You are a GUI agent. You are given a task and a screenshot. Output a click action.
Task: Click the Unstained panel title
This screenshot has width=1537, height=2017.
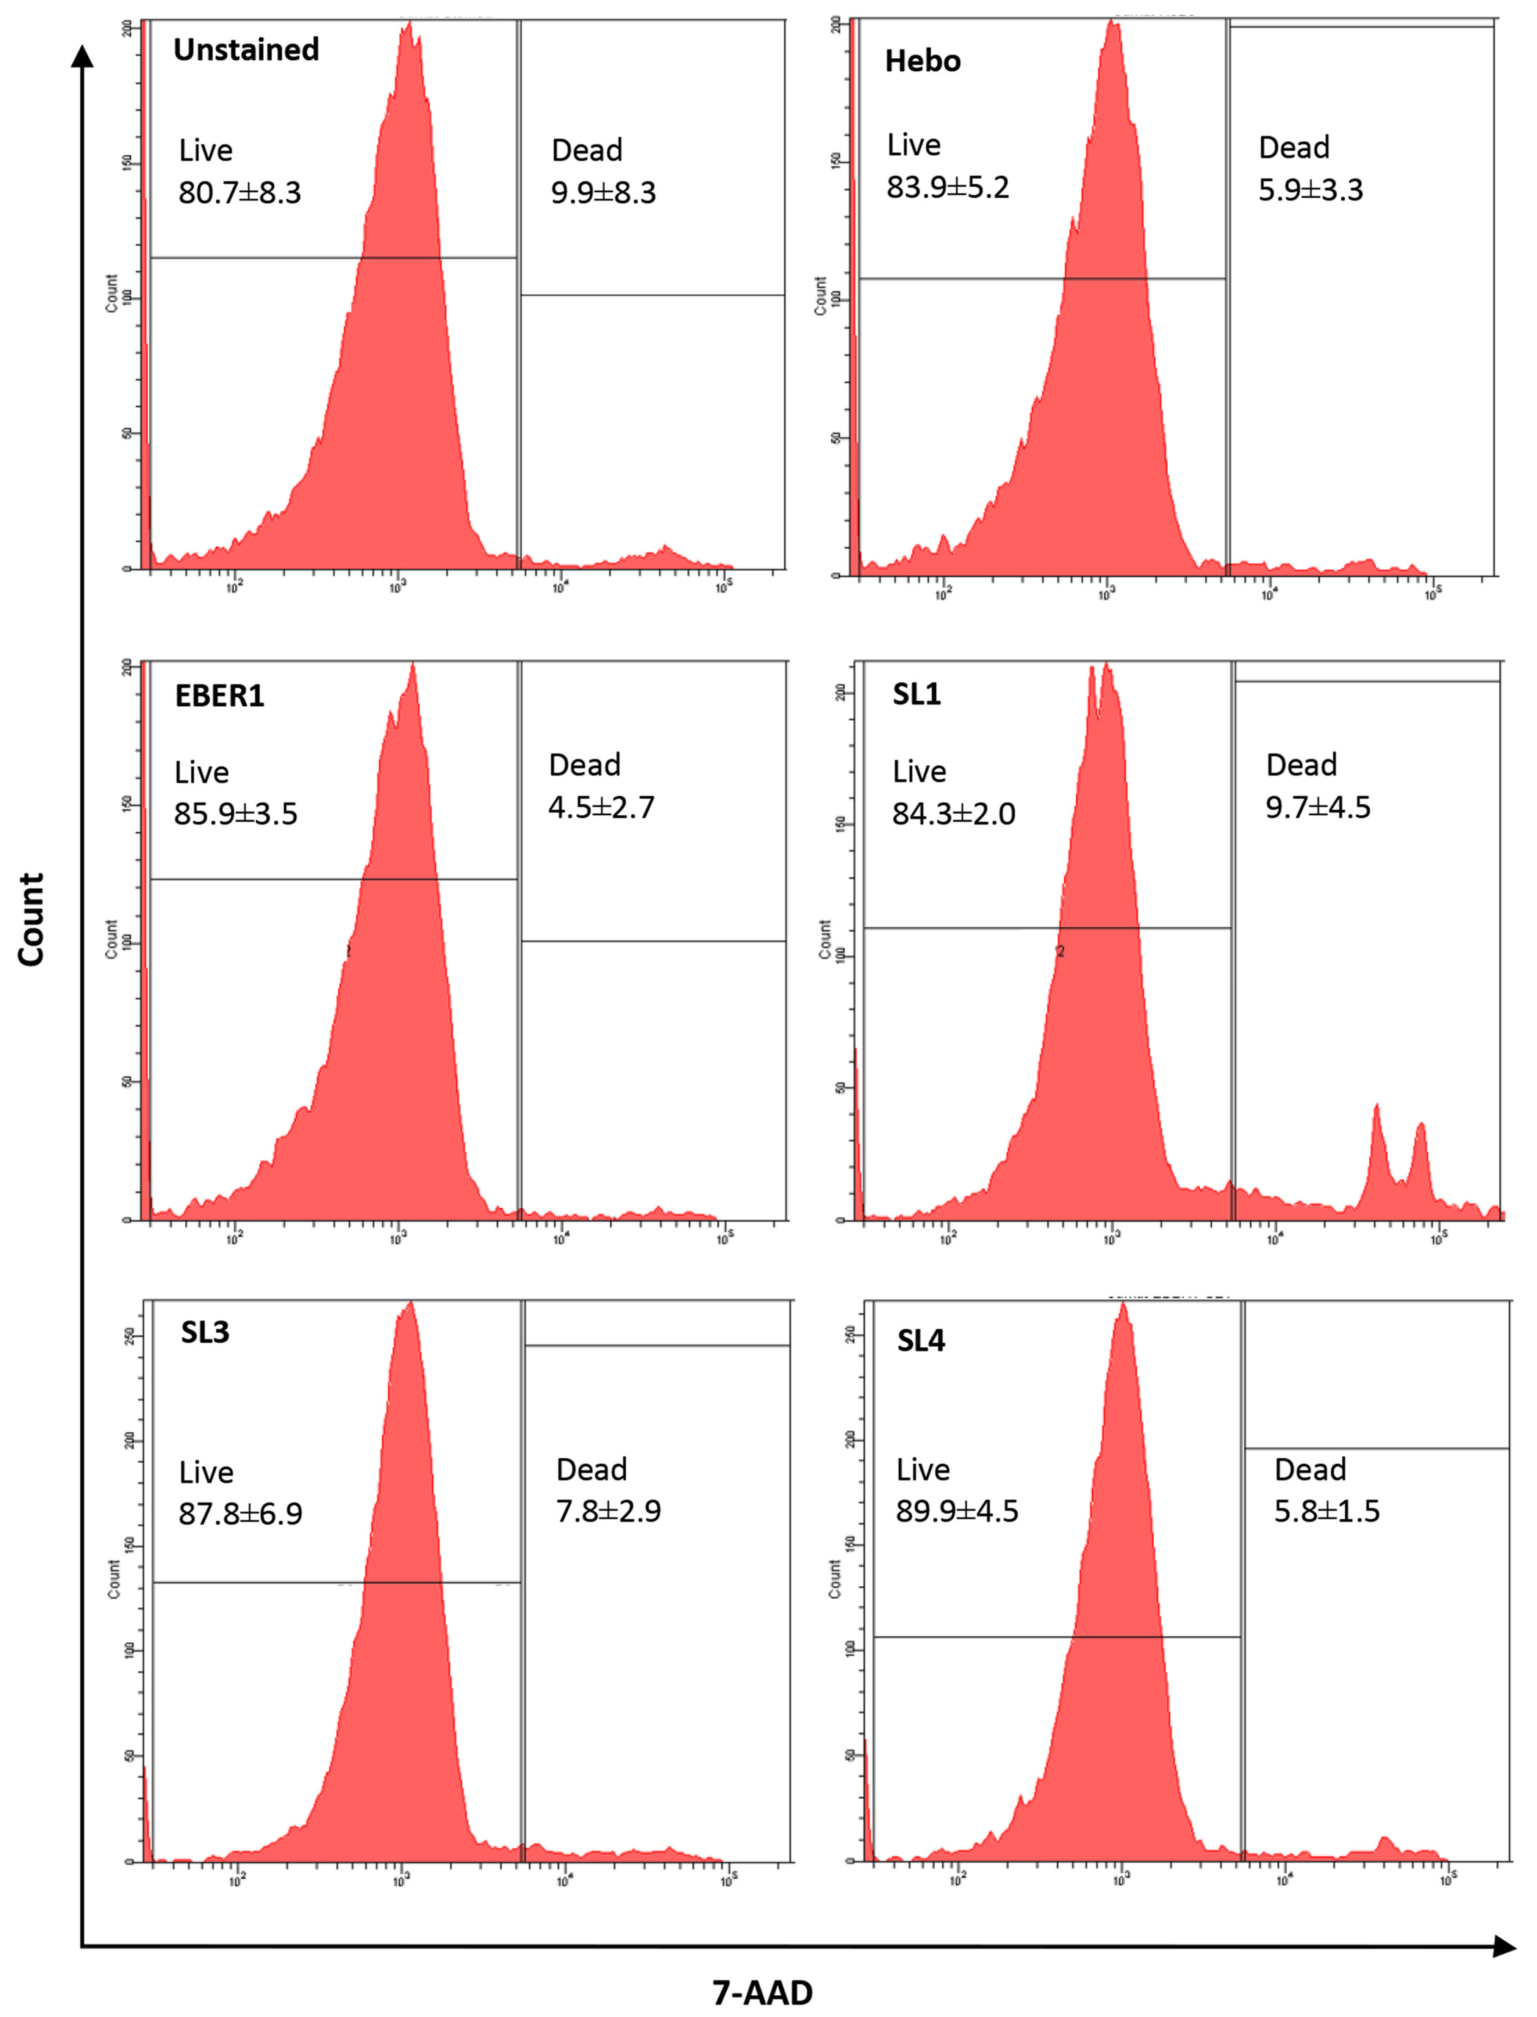coord(246,49)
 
